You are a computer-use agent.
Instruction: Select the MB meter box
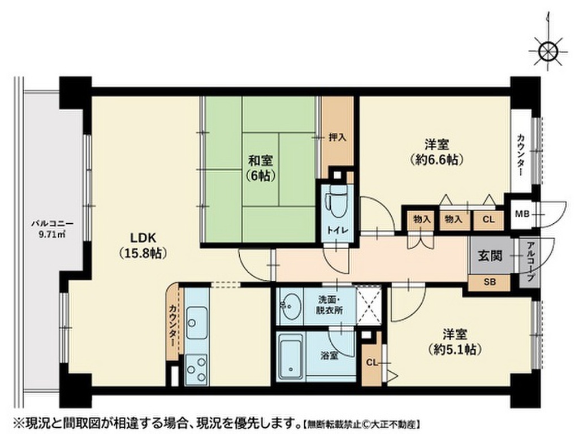pos(521,214)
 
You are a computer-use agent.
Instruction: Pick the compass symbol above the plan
pos(547,51)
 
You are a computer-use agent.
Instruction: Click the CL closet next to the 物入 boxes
pos(488,219)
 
